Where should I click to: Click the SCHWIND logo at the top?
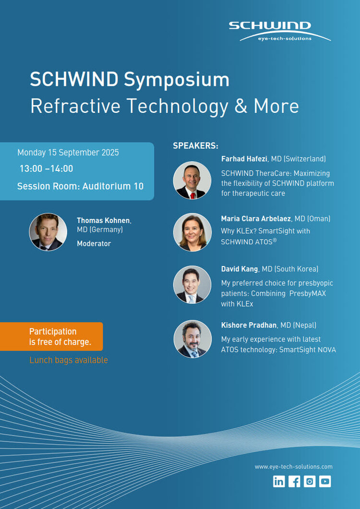click(x=280, y=31)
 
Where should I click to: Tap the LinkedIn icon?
click(x=278, y=482)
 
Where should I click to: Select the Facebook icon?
click(x=294, y=482)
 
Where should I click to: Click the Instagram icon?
click(x=310, y=482)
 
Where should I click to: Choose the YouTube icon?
click(x=325, y=482)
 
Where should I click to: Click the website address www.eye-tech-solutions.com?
click(x=293, y=466)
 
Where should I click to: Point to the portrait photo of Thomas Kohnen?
click(x=48, y=232)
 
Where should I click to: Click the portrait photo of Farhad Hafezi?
click(x=192, y=180)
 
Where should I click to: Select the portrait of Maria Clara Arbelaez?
click(x=192, y=232)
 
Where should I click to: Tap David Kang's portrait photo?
click(x=192, y=285)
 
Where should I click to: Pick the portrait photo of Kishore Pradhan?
click(x=193, y=339)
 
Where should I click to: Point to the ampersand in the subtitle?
click(x=240, y=106)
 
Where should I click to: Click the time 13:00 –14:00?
click(x=47, y=169)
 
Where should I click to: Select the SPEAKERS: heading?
click(x=196, y=146)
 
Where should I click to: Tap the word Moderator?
click(x=94, y=243)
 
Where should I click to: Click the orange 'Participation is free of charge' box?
click(x=51, y=336)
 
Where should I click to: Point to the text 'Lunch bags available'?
click(x=69, y=360)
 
